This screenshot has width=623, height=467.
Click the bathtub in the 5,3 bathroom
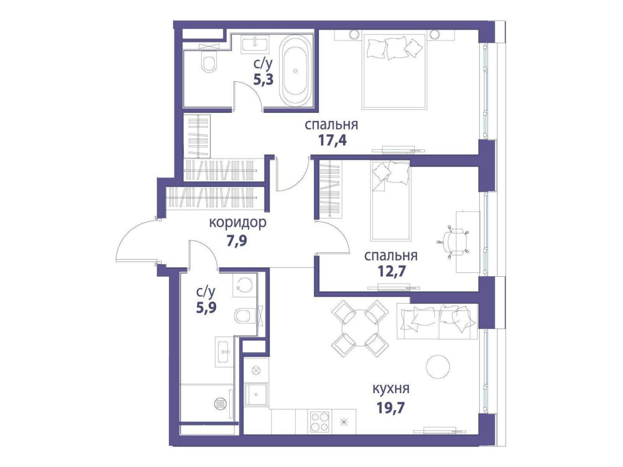point(295,71)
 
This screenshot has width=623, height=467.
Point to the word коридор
point(238,222)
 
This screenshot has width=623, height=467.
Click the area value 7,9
point(237,241)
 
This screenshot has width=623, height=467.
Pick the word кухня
point(391,389)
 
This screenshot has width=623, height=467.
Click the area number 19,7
point(391,408)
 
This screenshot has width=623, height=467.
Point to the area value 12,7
point(391,271)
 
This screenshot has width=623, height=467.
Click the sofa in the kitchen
point(438,321)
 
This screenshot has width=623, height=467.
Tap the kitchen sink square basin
point(256,395)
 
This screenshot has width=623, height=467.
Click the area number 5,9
point(206,307)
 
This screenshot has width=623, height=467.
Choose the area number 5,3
point(263,80)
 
